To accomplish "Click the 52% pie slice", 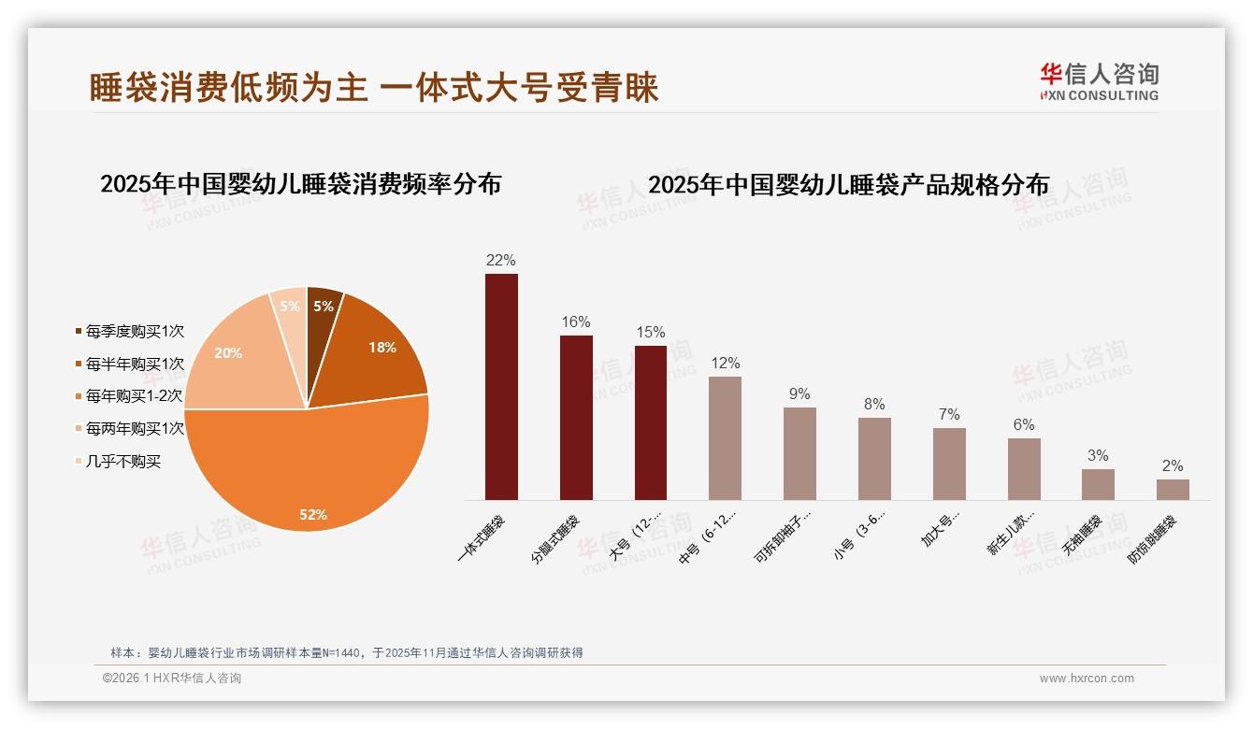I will tap(309, 477).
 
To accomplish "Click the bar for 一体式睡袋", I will tap(501, 387).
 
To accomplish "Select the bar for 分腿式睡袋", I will tap(576, 418).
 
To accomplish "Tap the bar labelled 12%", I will tap(725, 438).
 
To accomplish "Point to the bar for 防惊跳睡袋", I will tap(1173, 490).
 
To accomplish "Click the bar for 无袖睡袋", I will tap(1098, 484).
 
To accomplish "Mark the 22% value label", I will tap(501, 261).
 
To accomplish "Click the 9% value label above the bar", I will tap(799, 394).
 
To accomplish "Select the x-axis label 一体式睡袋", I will tap(481, 537).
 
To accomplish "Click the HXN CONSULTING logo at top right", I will tap(1100, 81).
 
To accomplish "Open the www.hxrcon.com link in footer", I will tap(1087, 679).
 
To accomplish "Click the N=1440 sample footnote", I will tap(347, 652).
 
